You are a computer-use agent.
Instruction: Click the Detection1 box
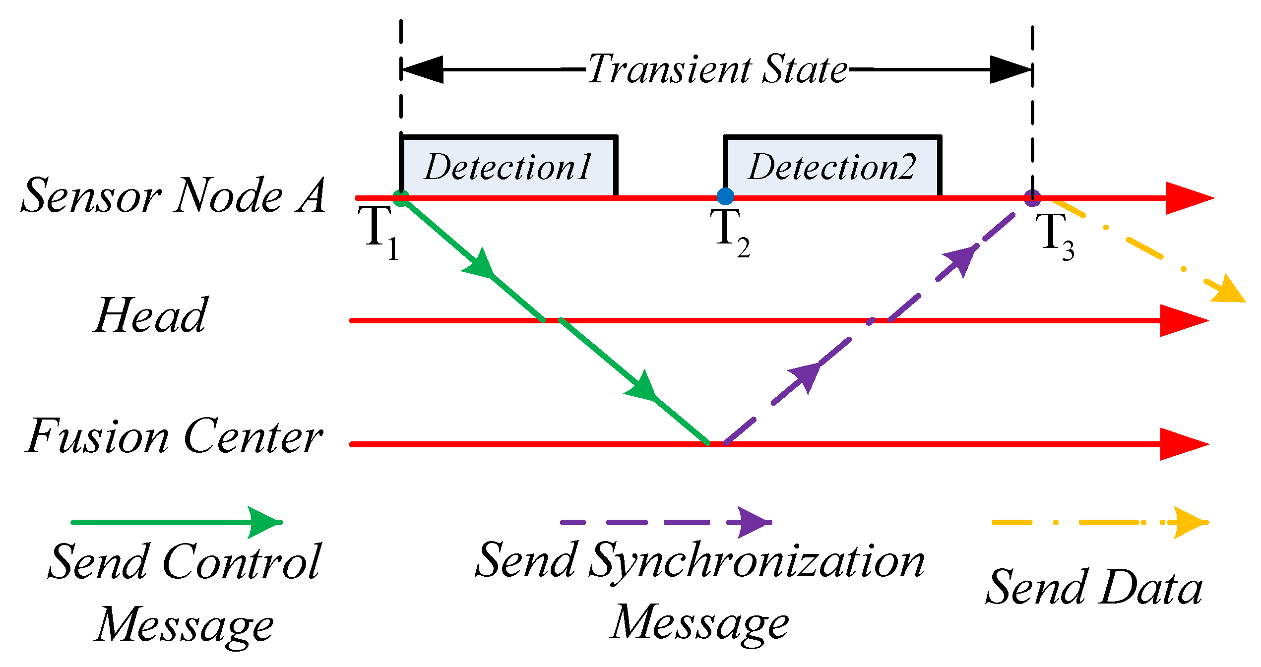click(508, 167)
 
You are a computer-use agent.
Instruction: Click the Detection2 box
click(832, 167)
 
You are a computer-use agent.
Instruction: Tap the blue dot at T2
click(725, 196)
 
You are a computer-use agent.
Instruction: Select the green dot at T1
click(401, 198)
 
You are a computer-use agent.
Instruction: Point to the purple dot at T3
click(1032, 198)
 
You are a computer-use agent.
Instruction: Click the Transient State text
click(717, 69)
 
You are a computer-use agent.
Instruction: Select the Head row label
click(151, 315)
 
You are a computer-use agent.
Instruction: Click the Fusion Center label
click(174, 436)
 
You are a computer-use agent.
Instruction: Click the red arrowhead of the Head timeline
click(1183, 320)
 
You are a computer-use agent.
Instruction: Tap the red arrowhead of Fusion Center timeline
click(1183, 444)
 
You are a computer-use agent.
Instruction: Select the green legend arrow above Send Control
click(176, 522)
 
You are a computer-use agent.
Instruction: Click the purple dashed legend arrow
click(665, 522)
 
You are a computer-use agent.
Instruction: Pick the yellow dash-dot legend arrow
click(1099, 522)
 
